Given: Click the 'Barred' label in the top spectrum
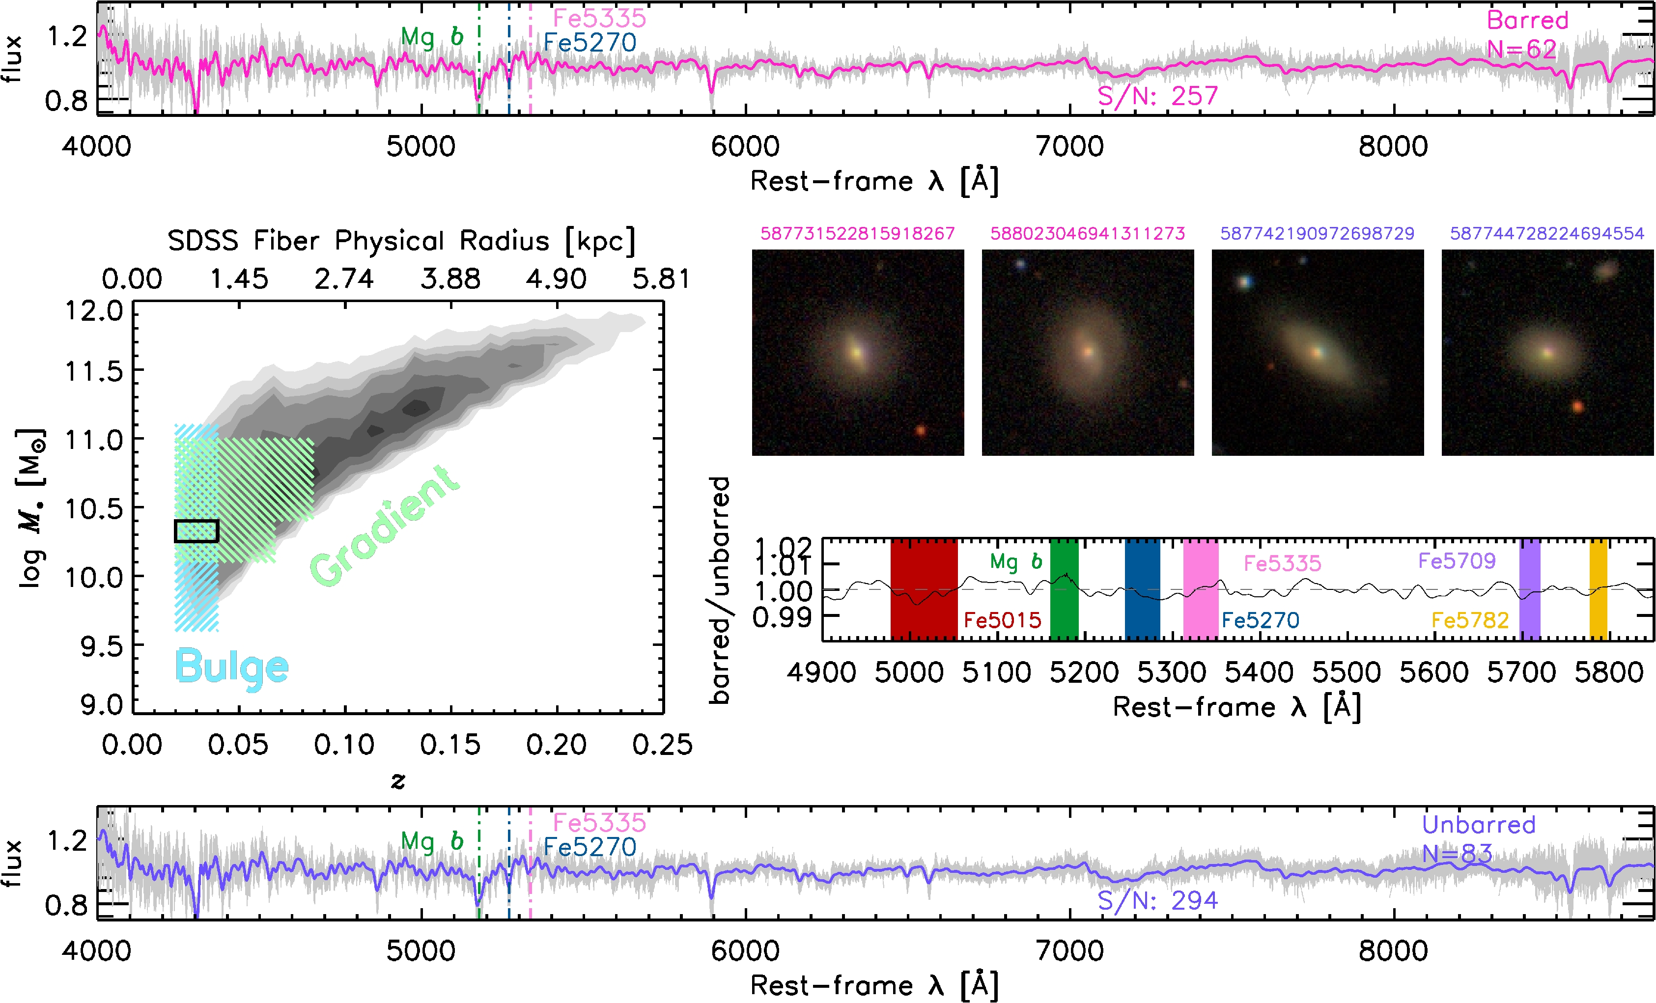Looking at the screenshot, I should coord(1527,20).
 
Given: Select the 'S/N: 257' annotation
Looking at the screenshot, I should coord(1157,96).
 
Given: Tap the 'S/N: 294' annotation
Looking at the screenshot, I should coord(1157,900).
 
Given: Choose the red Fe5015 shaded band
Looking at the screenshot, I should coord(924,588).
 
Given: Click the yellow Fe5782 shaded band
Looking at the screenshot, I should coord(1598,588).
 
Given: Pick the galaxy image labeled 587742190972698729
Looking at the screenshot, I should coord(1317,352).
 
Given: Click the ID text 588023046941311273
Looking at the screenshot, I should coord(1088,233).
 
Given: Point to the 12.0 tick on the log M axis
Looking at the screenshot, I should coord(94,311).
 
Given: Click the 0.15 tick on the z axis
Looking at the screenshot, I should coord(450,744).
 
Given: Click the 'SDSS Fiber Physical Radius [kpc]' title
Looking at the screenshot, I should coord(401,241).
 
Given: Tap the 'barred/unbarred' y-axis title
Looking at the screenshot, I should coord(720,590).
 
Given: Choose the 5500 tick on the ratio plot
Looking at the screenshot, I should coord(1346,672).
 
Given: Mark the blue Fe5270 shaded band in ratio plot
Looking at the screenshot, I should coord(1142,588).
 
